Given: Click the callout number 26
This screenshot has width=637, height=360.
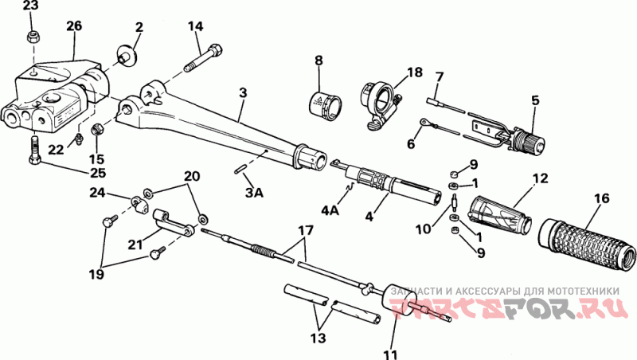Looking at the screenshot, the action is tap(74, 26).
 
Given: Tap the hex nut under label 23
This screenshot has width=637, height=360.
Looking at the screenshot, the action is tap(33, 38).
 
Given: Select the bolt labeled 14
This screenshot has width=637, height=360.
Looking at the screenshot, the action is tap(204, 57).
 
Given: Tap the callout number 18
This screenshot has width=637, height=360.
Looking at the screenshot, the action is tap(415, 72).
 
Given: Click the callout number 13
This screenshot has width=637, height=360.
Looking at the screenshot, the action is tap(318, 338).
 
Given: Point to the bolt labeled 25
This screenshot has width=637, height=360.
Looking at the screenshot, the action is tap(35, 150).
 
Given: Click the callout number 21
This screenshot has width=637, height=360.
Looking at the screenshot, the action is tap(135, 245).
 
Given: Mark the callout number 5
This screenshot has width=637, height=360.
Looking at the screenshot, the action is tap(535, 100).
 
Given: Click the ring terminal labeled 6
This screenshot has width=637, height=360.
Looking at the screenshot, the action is tap(424, 122).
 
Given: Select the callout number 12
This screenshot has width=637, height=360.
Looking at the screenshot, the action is tap(541, 178).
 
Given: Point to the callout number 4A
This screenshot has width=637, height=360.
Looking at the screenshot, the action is tap(330, 211).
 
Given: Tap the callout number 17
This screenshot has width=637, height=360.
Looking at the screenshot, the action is tap(306, 231).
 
